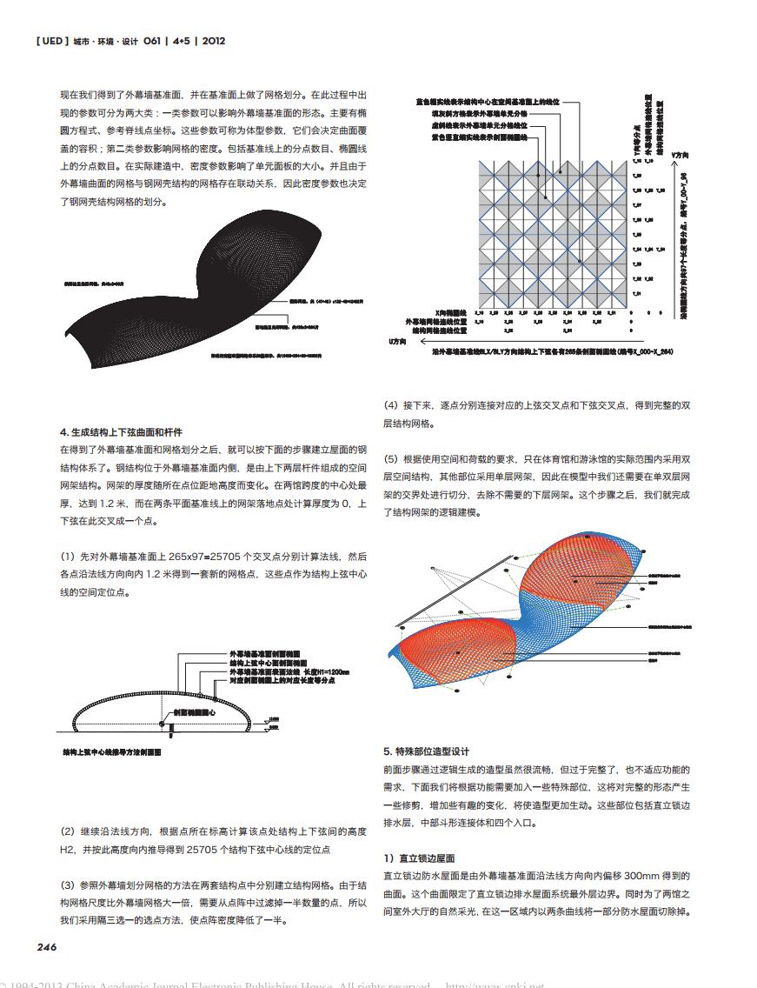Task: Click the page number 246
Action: [44, 947]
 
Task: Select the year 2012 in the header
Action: [213, 41]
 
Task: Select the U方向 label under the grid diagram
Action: [398, 341]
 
